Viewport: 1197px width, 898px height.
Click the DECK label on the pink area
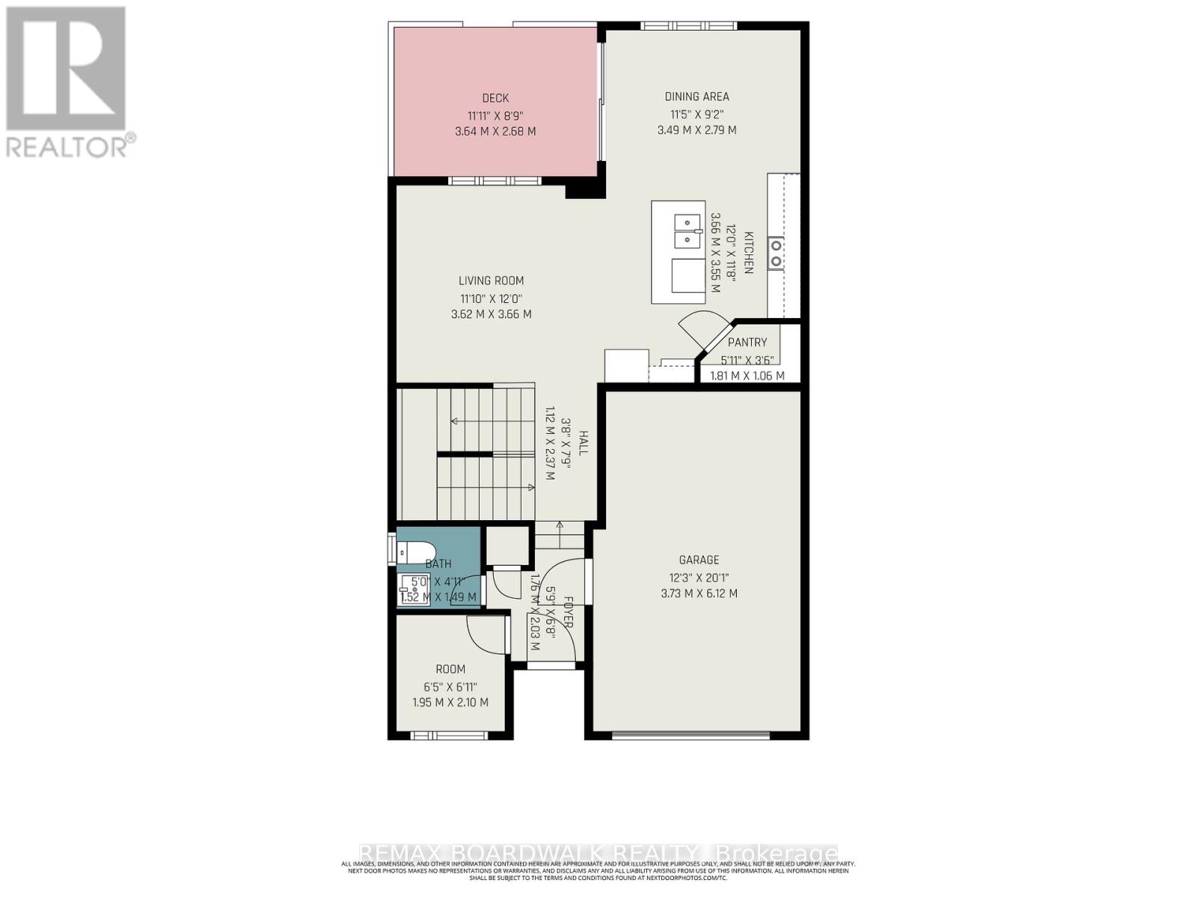pyautogui.click(x=495, y=98)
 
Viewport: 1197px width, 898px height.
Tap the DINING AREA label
pyautogui.click(x=697, y=97)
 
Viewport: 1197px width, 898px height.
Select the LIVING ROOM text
pyautogui.click(x=491, y=281)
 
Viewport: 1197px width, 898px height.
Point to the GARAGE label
pyautogui.click(x=699, y=560)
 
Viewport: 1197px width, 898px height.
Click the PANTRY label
pyautogui.click(x=747, y=342)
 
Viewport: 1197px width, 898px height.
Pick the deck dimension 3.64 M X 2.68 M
pyautogui.click(x=495, y=131)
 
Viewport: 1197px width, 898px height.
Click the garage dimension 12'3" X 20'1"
pyautogui.click(x=699, y=577)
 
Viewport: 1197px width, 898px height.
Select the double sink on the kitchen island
pyautogui.click(x=685, y=231)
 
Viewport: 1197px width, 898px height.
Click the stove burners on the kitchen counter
pyautogui.click(x=777, y=253)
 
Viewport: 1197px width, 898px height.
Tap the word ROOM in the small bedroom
pyautogui.click(x=450, y=669)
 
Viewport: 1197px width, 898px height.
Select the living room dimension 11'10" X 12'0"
pyautogui.click(x=491, y=298)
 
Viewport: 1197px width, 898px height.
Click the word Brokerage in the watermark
pyautogui.click(x=776, y=853)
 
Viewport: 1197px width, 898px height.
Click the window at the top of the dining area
pyautogui.click(x=689, y=26)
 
